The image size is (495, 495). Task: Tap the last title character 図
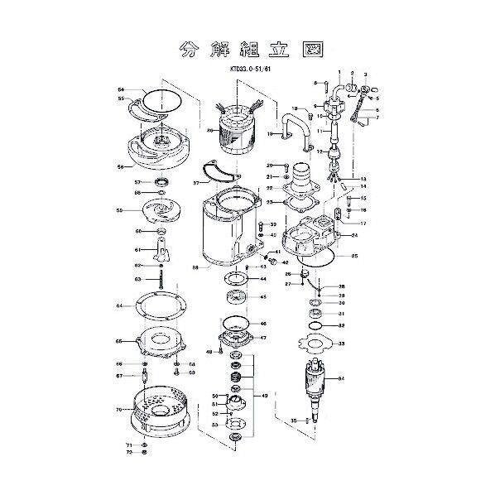pos(312,48)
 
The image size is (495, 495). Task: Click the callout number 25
pos(354,257)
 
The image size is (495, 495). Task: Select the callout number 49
pos(264,396)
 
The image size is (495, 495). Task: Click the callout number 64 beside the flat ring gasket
pos(120,305)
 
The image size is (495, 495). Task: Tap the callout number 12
pos(320,151)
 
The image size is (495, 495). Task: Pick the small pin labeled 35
pos(307,421)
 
